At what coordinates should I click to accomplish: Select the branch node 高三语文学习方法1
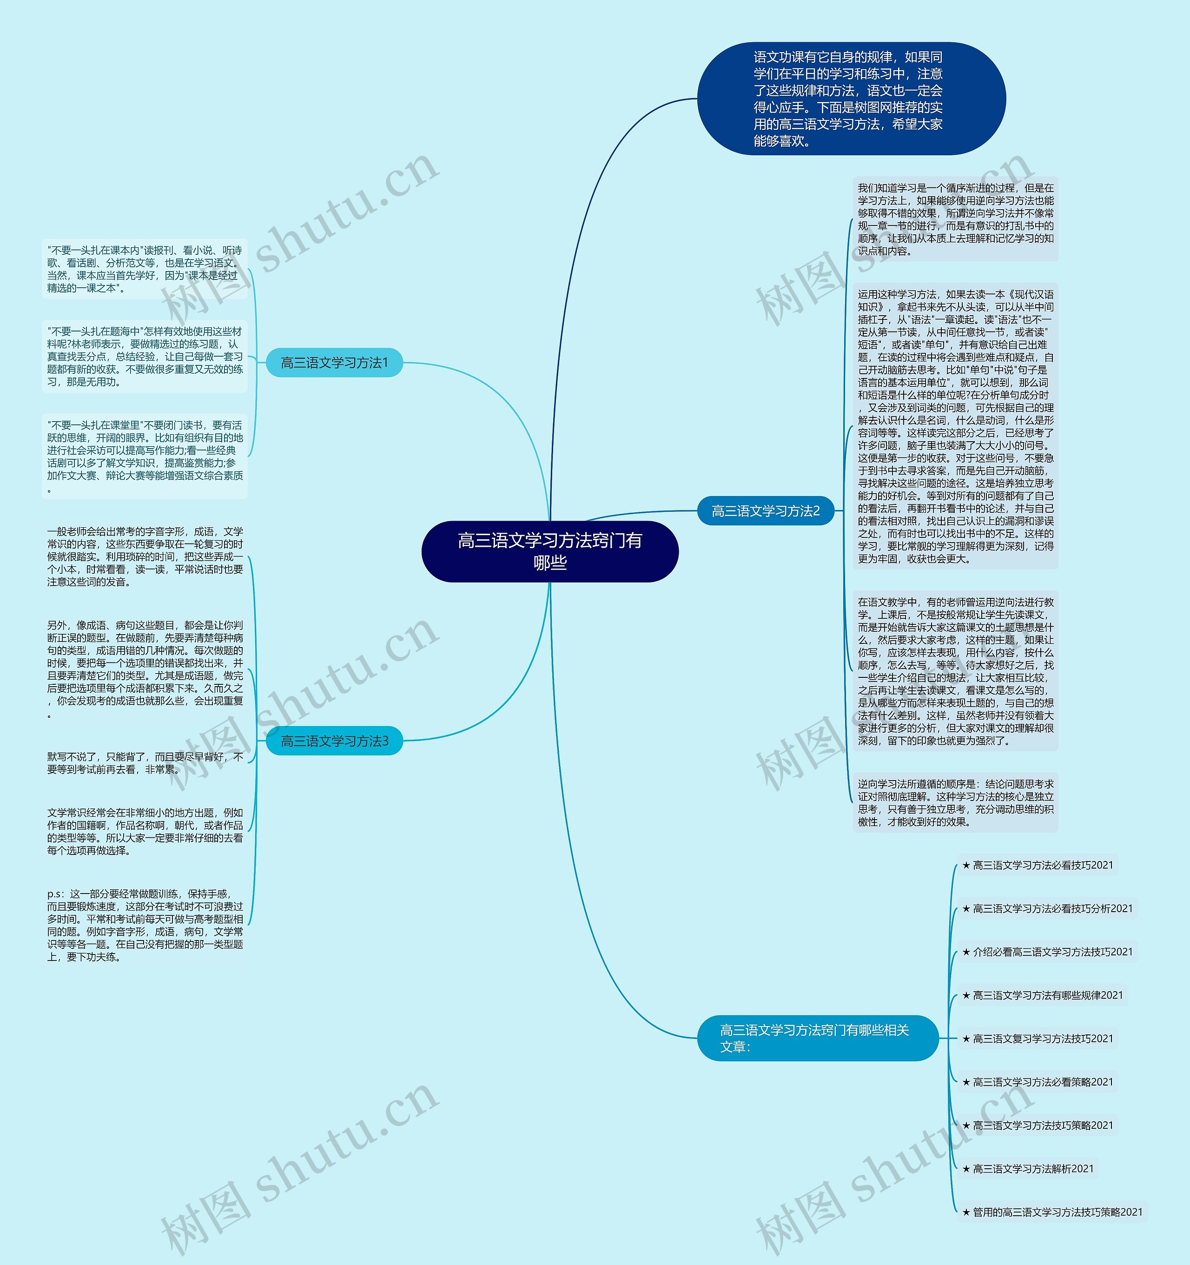(x=334, y=363)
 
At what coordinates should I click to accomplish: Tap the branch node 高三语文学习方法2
(x=766, y=511)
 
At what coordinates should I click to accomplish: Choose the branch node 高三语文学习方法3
(x=334, y=742)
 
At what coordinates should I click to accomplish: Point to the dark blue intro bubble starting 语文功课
(x=851, y=99)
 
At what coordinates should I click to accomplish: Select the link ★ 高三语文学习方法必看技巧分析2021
(x=1047, y=909)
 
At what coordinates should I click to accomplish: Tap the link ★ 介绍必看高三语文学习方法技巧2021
(x=1047, y=952)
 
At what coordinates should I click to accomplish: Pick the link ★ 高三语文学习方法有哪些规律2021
(x=1042, y=995)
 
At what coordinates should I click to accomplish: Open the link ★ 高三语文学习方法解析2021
(x=1028, y=1168)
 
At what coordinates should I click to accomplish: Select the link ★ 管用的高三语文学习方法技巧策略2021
(x=1052, y=1212)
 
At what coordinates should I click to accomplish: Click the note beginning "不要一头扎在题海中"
(x=145, y=356)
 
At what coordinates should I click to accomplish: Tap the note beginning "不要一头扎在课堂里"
(x=145, y=456)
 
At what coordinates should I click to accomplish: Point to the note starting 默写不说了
(x=145, y=763)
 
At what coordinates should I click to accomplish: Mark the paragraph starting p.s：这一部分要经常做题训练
(x=145, y=925)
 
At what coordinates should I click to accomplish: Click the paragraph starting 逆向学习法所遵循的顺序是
(x=955, y=803)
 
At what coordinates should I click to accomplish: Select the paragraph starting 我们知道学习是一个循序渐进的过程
(x=955, y=219)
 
